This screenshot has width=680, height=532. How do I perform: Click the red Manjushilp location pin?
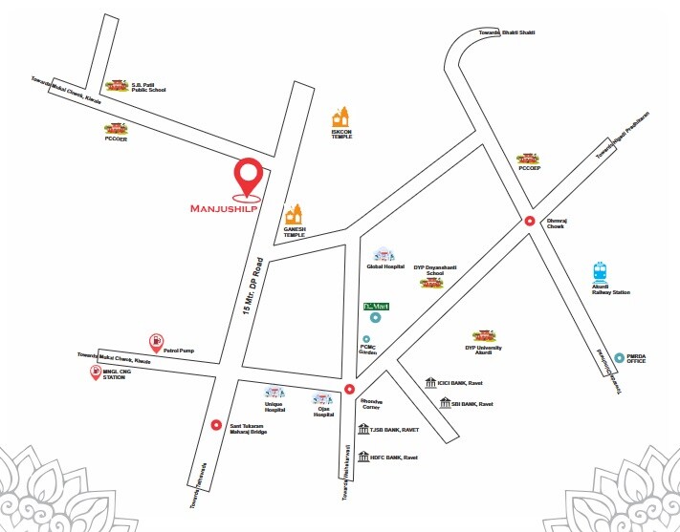pos(250,176)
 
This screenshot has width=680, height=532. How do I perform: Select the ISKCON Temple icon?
pos(341,117)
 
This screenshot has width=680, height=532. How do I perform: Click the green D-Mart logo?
pos(378,306)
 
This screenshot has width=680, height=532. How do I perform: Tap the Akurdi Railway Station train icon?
pos(601,271)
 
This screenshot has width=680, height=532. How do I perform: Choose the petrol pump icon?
pos(155,341)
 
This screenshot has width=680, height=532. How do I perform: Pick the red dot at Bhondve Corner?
pos(349,389)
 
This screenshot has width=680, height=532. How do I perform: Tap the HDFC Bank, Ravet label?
pos(395,458)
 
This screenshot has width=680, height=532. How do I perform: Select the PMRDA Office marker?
pos(620,358)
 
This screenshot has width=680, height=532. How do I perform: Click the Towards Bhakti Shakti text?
pos(506,33)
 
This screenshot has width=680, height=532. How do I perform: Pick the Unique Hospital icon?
pos(274,393)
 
